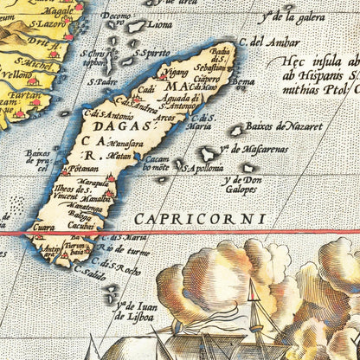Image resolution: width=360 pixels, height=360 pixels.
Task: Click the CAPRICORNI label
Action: (x=201, y=219)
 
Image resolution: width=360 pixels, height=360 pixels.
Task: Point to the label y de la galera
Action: (x=288, y=15)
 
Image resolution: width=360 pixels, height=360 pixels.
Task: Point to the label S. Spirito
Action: (x=153, y=53)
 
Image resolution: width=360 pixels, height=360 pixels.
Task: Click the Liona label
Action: (x=158, y=25)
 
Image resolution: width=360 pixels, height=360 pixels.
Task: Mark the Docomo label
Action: (x=116, y=16)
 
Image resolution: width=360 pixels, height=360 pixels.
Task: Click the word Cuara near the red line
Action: (x=43, y=227)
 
